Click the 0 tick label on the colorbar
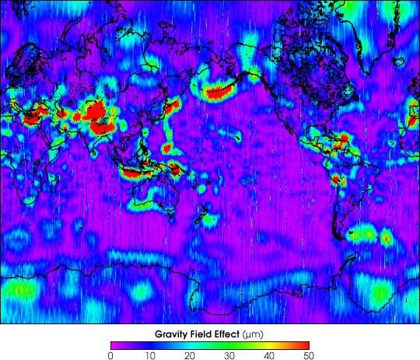pyautogui.click(x=111, y=355)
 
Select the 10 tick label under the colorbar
pyautogui.click(x=151, y=355)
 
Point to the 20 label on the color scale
pyautogui.click(x=191, y=355)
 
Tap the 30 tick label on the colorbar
pyautogui.click(x=230, y=355)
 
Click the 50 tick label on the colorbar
pyautogui.click(x=309, y=355)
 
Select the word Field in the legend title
pyautogui.click(x=197, y=334)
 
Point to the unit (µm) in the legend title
pyautogui.click(x=254, y=334)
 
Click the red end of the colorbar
pyautogui.click(x=303, y=344)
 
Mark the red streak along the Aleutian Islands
pyautogui.click(x=221, y=93)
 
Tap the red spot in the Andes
pyautogui.click(x=336, y=180)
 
